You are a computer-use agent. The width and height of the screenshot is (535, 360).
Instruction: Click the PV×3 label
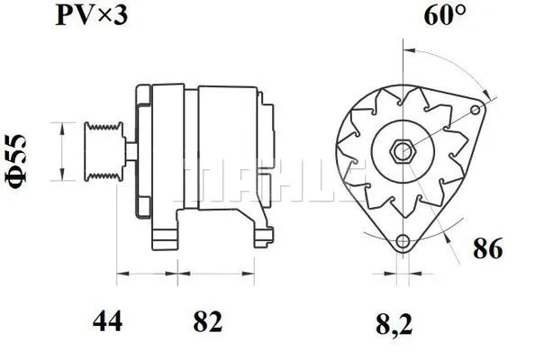point(90,17)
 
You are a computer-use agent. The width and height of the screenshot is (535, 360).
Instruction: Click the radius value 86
point(487,249)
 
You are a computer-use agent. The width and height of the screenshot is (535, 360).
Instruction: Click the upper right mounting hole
point(476,109)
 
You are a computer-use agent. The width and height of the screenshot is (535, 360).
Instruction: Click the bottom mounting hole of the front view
point(404,241)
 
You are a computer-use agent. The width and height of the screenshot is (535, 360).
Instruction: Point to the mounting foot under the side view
point(167,236)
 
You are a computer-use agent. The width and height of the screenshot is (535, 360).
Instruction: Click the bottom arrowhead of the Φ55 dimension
point(62,175)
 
